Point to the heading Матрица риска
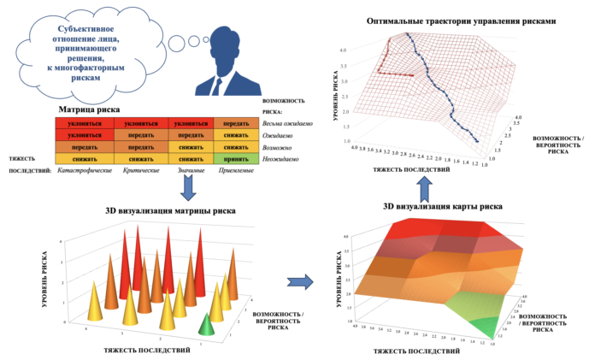[95, 109]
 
